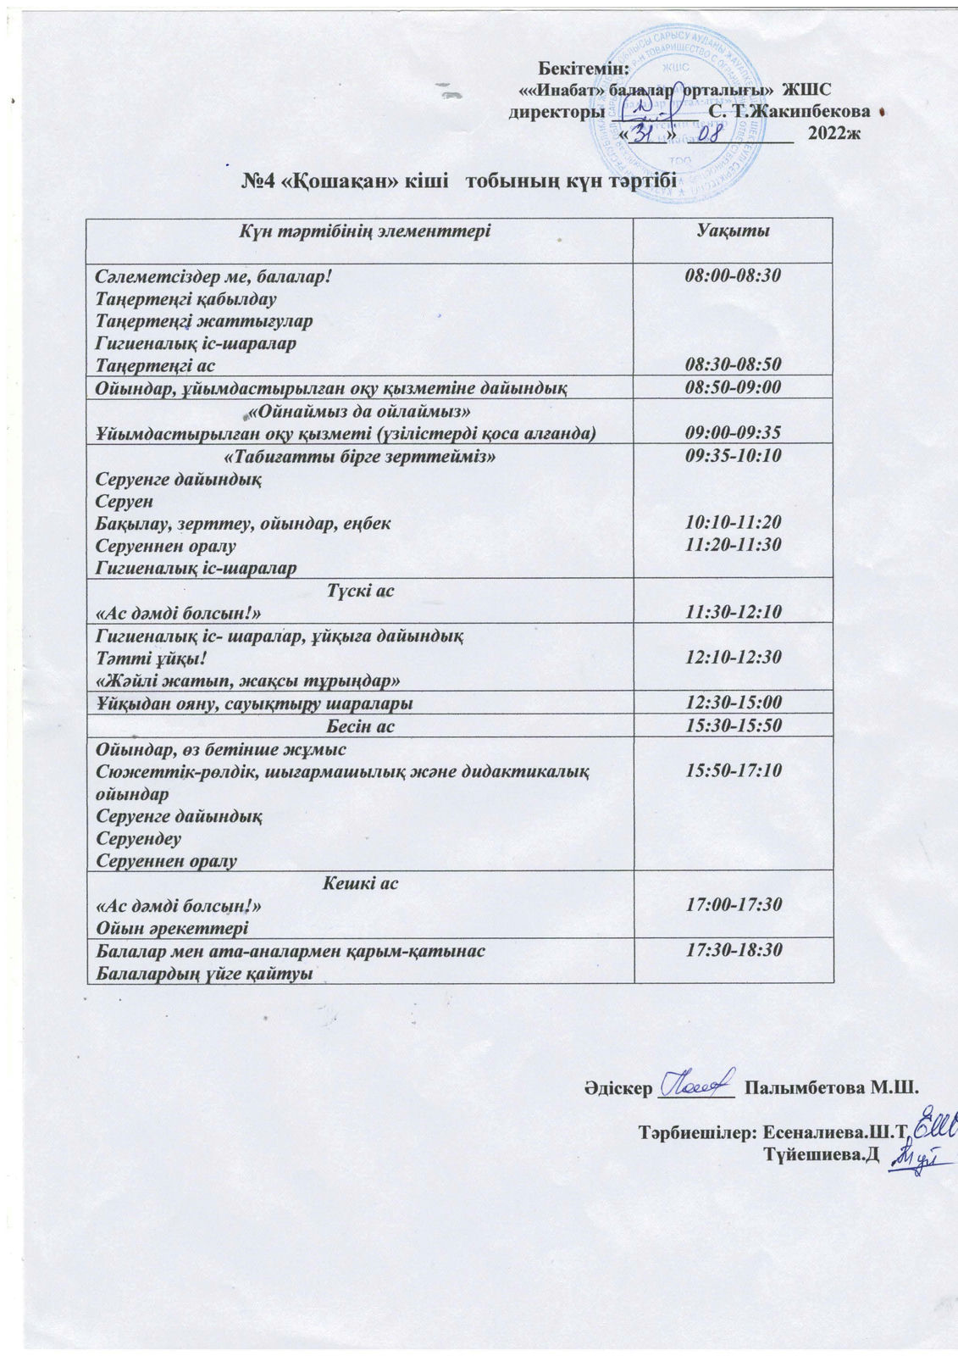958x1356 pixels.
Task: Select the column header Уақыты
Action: pyautogui.click(x=733, y=231)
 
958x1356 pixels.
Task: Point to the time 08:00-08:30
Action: pyautogui.click(x=733, y=276)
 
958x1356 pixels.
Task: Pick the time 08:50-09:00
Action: pyautogui.click(x=733, y=388)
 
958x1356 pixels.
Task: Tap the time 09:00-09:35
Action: pyautogui.click(x=733, y=433)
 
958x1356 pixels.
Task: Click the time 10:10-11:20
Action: pyautogui.click(x=733, y=523)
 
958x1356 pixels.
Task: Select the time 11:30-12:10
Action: pyautogui.click(x=733, y=612)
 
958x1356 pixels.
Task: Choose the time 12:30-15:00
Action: pyautogui.click(x=733, y=703)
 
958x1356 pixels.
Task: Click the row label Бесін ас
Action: pyautogui.click(x=360, y=726)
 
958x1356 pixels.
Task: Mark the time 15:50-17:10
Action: pyautogui.click(x=733, y=770)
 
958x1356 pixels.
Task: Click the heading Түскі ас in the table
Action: pyautogui.click(x=360, y=590)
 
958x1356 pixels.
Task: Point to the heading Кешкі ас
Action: pyautogui.click(x=360, y=883)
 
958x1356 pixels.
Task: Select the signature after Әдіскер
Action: pyautogui.click(x=696, y=1082)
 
